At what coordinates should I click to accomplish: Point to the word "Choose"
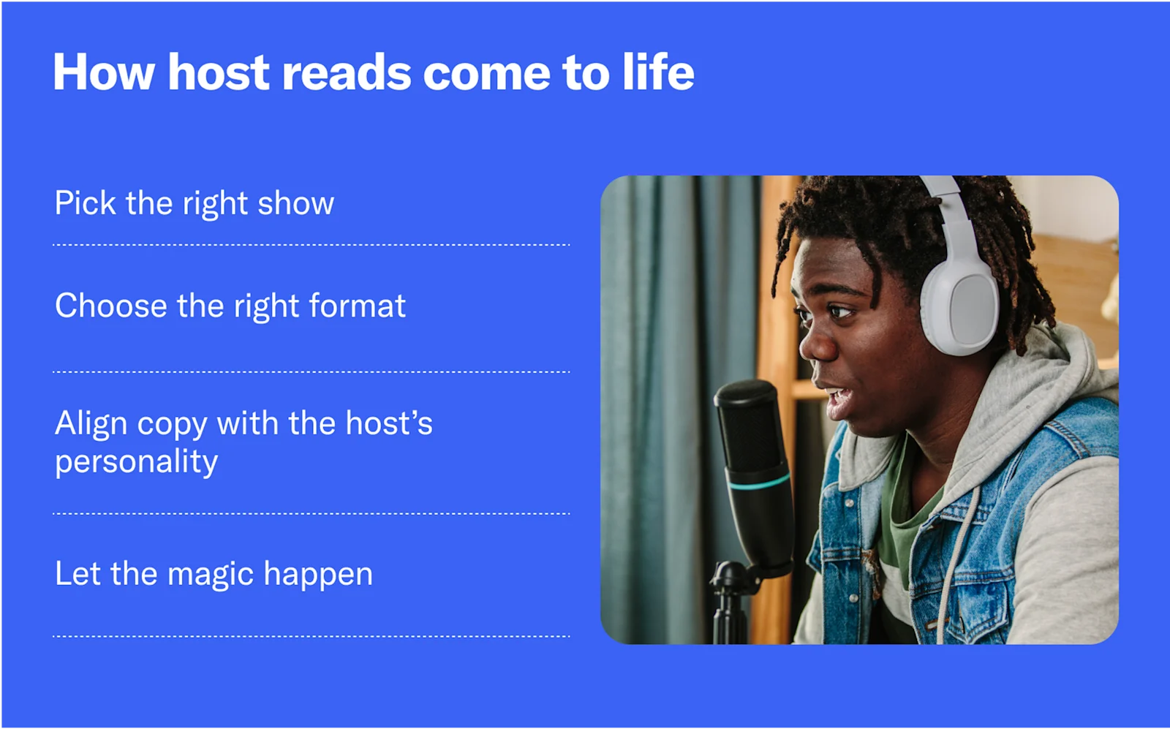pos(110,306)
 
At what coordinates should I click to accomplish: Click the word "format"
pos(358,306)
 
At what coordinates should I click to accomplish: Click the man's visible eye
pos(840,312)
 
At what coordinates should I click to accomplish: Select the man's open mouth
pos(839,399)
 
